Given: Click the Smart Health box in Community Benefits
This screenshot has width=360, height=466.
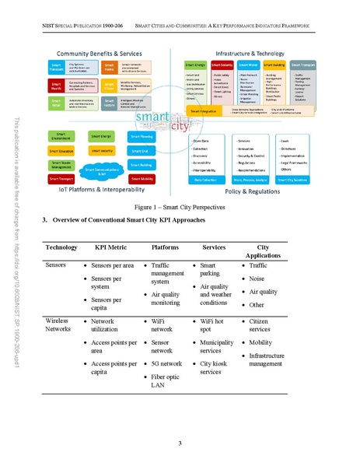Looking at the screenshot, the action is click(58, 85).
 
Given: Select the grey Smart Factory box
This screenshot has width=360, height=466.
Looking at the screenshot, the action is click(110, 103).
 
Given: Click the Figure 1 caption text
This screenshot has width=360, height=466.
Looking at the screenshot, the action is click(179, 208).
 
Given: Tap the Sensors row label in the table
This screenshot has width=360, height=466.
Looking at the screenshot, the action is click(57, 266).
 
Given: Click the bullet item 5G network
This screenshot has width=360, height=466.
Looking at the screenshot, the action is click(166, 363).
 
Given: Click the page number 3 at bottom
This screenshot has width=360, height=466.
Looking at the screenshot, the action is click(179, 443).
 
